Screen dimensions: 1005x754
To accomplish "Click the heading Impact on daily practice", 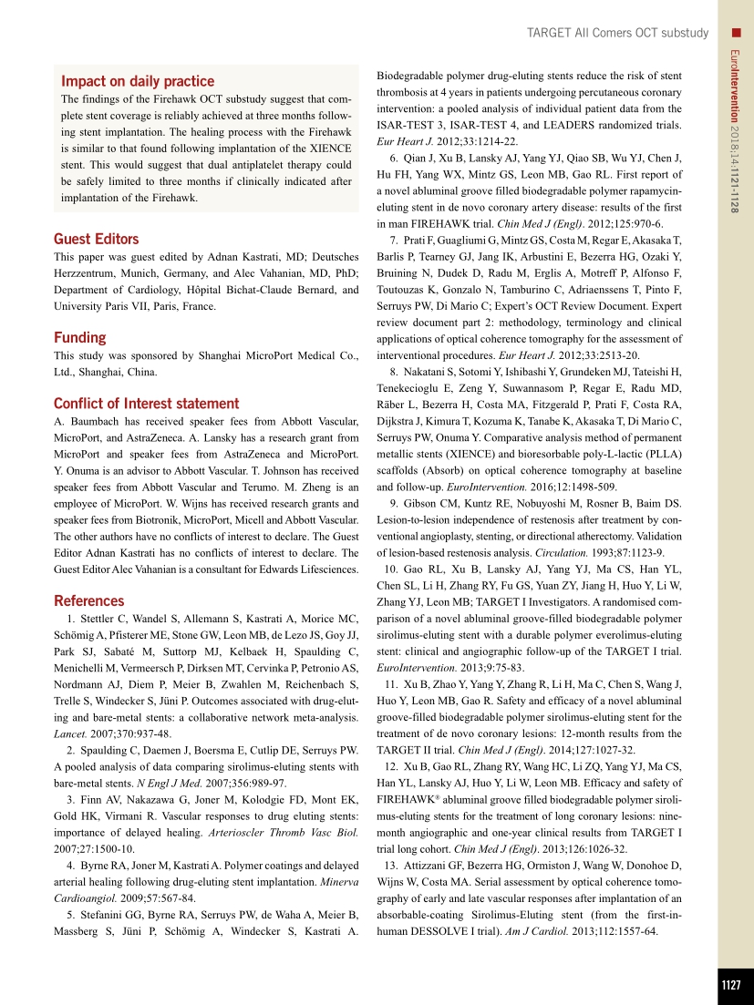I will (x=138, y=81).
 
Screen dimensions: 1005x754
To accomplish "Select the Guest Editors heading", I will (x=97, y=240).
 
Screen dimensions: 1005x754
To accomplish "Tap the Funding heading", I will (x=80, y=337).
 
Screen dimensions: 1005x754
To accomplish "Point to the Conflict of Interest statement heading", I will (x=147, y=404).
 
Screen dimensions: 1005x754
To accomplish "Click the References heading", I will (x=89, y=600).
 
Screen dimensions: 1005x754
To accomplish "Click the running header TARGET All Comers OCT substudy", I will (x=617, y=33).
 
